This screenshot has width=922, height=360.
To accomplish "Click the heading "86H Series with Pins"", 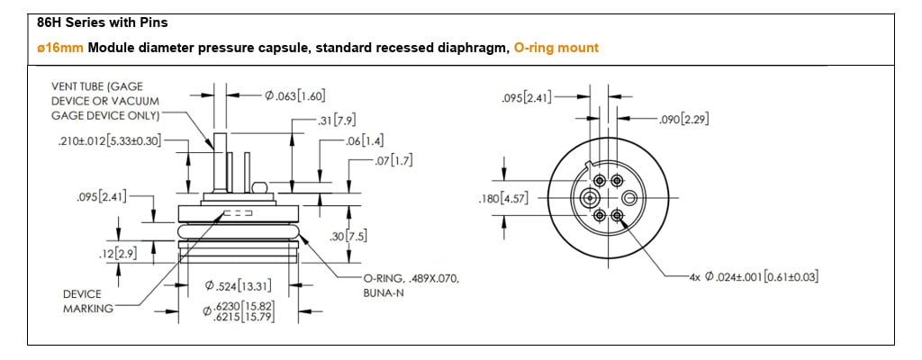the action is pyautogui.click(x=103, y=22).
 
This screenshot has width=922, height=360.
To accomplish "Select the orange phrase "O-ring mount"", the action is pyautogui.click(x=556, y=48).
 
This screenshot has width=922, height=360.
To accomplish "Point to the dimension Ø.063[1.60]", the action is pyautogui.click(x=295, y=95).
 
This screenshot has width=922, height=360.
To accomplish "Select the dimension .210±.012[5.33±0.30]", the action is pyautogui.click(x=109, y=141).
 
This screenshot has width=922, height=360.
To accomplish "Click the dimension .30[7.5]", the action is pyautogui.click(x=348, y=237).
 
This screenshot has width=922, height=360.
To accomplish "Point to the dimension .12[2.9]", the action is pyautogui.click(x=118, y=255).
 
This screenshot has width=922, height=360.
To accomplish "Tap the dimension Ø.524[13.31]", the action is pyautogui.click(x=238, y=287).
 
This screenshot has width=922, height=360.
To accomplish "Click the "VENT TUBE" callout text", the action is pyautogui.click(x=106, y=101).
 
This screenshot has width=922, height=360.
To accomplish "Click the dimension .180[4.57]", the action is pyautogui.click(x=504, y=199).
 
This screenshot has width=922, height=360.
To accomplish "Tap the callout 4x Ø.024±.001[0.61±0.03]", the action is pyautogui.click(x=755, y=276).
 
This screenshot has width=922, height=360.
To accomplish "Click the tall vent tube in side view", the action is pyautogui.click(x=220, y=162).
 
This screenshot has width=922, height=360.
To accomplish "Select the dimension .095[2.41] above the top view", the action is pyautogui.click(x=527, y=97).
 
